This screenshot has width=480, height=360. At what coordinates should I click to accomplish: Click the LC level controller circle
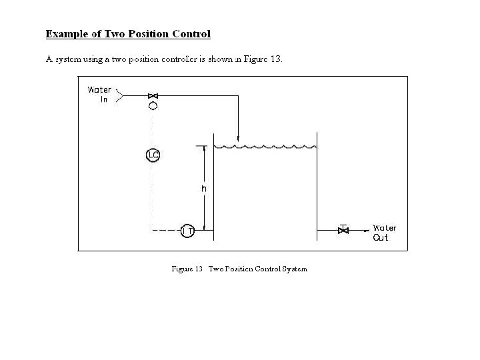tap(153, 156)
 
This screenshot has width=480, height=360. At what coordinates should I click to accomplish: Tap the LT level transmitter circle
tap(187, 231)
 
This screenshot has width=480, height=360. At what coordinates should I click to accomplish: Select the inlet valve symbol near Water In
tap(153, 97)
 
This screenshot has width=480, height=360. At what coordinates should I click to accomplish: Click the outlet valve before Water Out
tap(343, 231)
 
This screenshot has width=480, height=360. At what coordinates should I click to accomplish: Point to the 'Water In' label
tap(100, 95)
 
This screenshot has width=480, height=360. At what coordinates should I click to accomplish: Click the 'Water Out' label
tap(384, 233)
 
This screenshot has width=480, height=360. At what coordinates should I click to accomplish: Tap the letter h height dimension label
tap(204, 189)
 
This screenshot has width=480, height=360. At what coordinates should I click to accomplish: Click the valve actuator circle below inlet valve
tap(153, 106)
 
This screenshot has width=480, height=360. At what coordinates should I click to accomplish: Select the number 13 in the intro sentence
tap(276, 59)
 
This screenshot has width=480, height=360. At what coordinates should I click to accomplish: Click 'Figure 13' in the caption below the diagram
tap(187, 269)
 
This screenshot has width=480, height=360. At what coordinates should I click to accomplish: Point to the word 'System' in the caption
tap(295, 269)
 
